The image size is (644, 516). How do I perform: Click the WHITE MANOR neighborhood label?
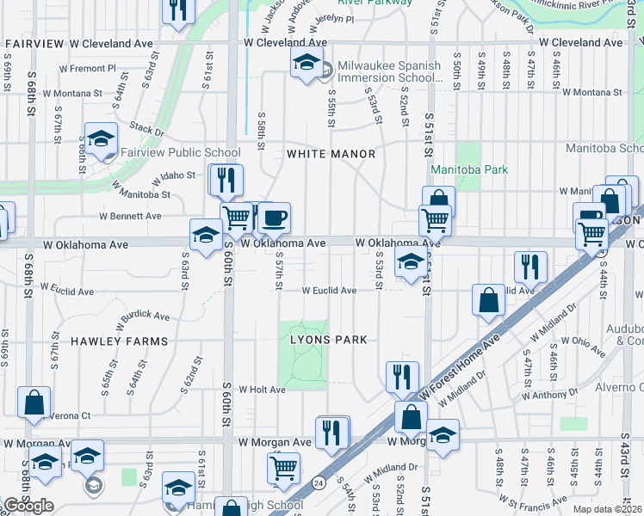coord(331,154)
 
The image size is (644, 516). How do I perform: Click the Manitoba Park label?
coord(469,169)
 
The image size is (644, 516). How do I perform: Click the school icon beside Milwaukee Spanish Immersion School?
coord(306,64)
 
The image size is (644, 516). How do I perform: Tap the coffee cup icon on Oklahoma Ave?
coord(275,218)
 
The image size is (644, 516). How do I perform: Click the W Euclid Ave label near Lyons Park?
coord(328,291)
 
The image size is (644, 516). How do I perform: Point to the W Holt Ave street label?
coord(262,390)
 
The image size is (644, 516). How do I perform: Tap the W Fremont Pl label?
coord(87,68)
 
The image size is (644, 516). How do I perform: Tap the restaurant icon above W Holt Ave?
coord(402,375)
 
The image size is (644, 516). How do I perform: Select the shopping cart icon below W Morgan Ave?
coord(283,468)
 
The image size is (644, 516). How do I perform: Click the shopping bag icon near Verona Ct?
coord(34,402)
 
